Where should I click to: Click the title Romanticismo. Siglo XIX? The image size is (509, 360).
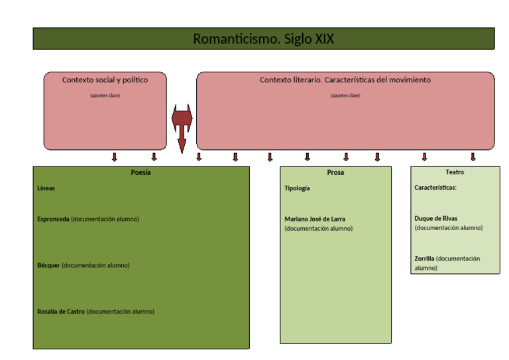pyautogui.click(x=263, y=39)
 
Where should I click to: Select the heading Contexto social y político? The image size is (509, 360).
pyautogui.click(x=105, y=80)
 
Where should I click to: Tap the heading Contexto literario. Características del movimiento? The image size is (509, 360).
pyautogui.click(x=345, y=80)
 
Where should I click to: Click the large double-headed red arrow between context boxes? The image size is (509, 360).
pyautogui.click(x=182, y=123)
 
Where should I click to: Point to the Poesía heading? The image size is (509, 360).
pyautogui.click(x=141, y=172)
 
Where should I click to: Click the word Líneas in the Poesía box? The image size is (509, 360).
pyautogui.click(x=46, y=188)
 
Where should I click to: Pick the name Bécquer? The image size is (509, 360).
pyautogui.click(x=49, y=265)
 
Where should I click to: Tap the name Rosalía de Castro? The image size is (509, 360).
pyautogui.click(x=61, y=312)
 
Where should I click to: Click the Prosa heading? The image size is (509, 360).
pyautogui.click(x=335, y=172)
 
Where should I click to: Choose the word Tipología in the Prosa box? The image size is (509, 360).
pyautogui.click(x=297, y=188)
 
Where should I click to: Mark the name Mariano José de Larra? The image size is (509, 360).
pyautogui.click(x=315, y=219)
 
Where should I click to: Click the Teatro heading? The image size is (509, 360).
pyautogui.click(x=455, y=172)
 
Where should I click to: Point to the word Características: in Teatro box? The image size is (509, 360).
pyautogui.click(x=435, y=188)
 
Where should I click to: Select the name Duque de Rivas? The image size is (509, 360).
pyautogui.click(x=435, y=218)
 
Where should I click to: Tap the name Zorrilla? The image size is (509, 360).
pyautogui.click(x=424, y=259)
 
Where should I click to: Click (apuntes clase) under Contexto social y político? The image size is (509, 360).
pyautogui.click(x=105, y=95)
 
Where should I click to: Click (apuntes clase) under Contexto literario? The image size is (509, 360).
pyautogui.click(x=345, y=95)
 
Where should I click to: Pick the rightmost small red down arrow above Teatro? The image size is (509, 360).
pyautogui.click(x=473, y=157)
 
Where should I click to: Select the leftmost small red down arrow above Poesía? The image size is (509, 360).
pyautogui.click(x=114, y=157)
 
